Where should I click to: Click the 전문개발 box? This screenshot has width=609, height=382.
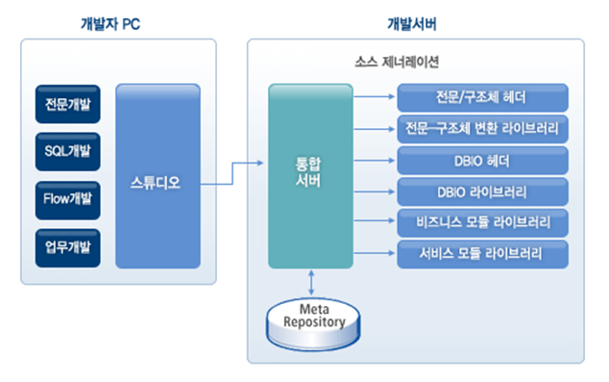(66, 104)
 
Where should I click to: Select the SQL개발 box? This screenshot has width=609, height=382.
(66, 151)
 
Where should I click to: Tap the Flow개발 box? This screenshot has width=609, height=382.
(66, 198)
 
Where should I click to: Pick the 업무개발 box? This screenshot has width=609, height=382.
(66, 246)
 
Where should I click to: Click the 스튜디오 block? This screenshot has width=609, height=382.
(158, 176)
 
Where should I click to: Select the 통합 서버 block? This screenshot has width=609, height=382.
(310, 176)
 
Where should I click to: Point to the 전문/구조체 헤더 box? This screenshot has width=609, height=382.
(480, 97)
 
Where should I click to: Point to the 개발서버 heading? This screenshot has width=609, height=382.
(413, 22)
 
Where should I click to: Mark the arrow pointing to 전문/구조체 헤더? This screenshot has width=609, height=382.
(375, 97)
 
